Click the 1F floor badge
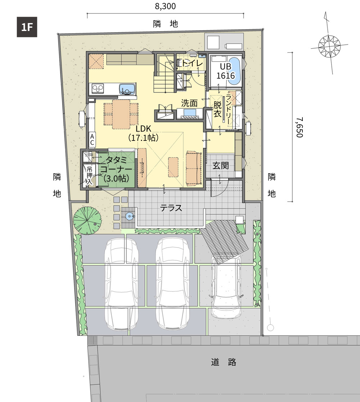tap(27, 27)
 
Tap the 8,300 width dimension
tap(165, 6)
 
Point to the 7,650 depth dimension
tap(300, 127)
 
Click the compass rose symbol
tap(329, 46)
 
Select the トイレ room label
tap(192, 63)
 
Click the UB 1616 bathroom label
tap(225, 71)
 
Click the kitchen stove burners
tap(98, 89)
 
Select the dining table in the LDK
tap(121, 114)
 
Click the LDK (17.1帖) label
tap(144, 133)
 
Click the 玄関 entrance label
tap(220, 166)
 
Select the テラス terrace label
tap(171, 208)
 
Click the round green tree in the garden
tap(87, 220)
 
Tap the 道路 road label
tap(224, 362)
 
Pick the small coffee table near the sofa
tap(173, 167)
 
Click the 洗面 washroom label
tap(189, 103)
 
